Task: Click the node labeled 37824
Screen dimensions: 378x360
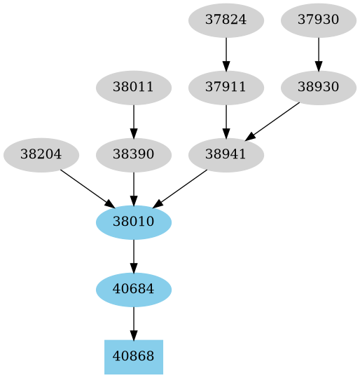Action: coord(226,20)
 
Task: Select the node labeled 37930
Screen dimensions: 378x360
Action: coord(319,20)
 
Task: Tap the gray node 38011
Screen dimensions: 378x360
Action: coord(134,88)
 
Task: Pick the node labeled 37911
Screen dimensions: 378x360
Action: coord(226,88)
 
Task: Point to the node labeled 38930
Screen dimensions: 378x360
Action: coord(319,88)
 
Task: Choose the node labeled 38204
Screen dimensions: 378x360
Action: coord(41,154)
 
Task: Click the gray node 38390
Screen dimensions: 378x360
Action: coord(134,154)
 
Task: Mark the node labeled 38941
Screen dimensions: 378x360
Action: coord(226,154)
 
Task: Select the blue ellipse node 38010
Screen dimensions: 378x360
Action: coord(134,222)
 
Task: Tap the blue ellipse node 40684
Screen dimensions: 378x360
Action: coord(134,289)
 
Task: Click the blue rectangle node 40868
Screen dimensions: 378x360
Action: coord(134,357)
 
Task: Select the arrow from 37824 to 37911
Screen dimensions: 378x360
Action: coord(226,53)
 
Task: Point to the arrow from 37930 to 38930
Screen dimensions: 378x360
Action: coord(319,53)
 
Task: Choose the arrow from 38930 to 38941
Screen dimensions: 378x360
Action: coord(272,121)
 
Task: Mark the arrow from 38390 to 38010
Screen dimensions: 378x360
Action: coord(134,188)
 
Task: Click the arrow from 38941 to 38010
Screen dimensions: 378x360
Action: coord(180,188)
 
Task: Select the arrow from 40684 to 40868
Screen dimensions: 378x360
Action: coord(134,323)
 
